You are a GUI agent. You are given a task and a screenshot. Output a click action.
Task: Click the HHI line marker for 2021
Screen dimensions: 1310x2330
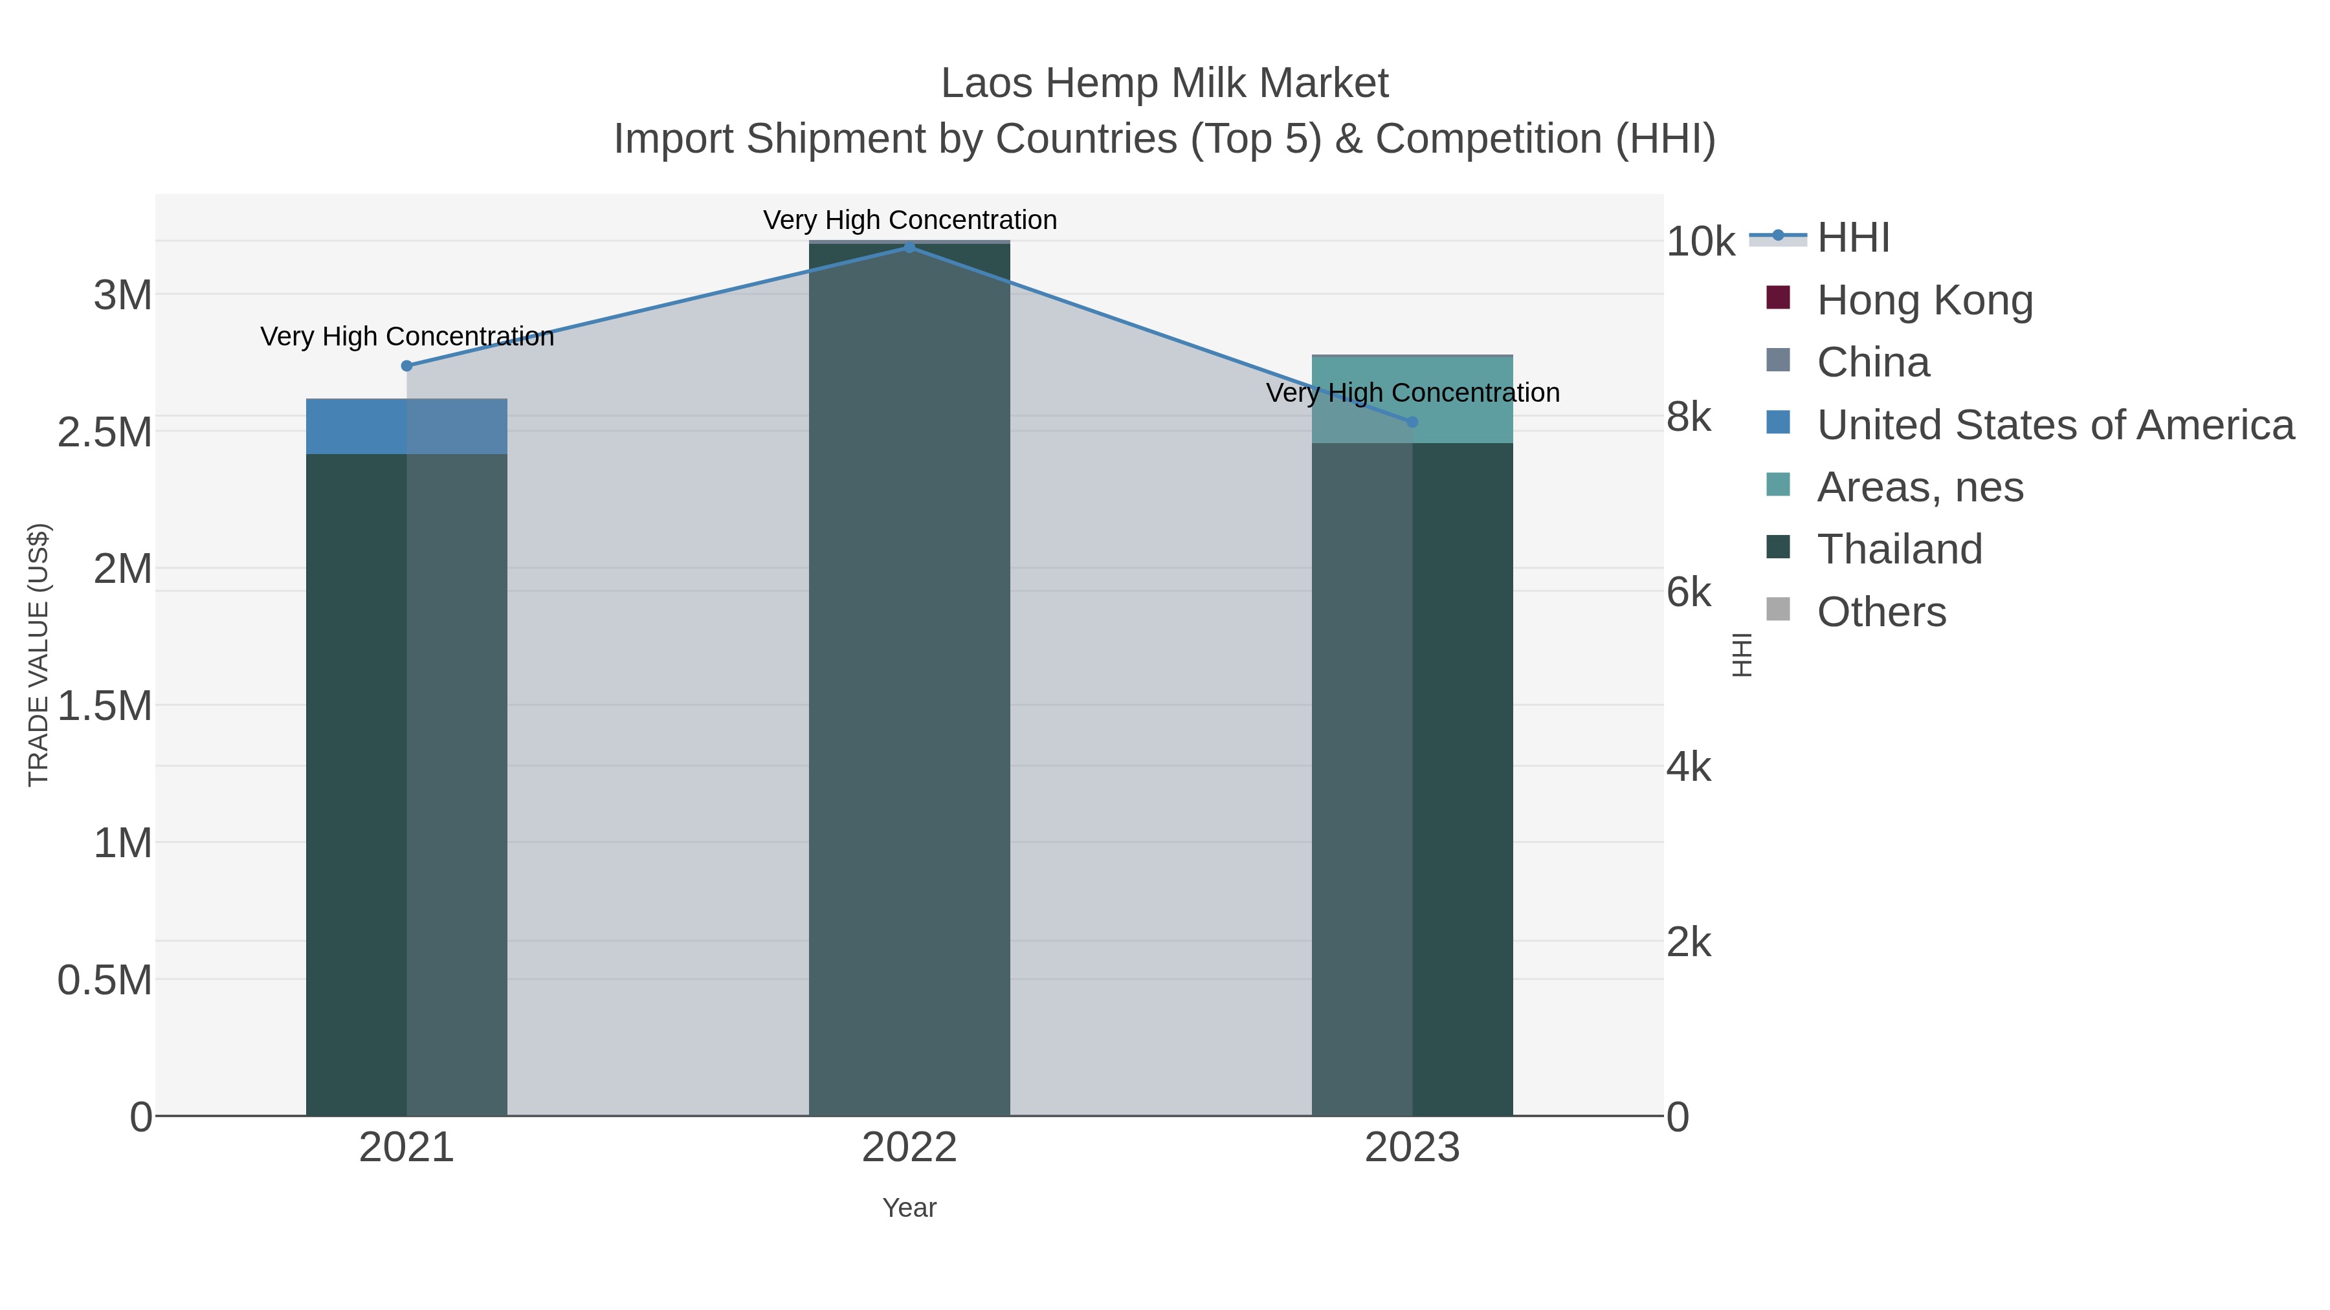pos(407,366)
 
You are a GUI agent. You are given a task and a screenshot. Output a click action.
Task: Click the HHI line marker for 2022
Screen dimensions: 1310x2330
pos(909,248)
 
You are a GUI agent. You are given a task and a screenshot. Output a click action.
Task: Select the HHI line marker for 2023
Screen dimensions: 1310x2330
pos(1412,422)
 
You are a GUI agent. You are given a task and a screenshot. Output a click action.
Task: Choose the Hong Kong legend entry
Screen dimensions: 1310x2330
pos(1924,300)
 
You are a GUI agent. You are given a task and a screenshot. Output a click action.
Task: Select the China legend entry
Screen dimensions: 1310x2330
pos(1872,362)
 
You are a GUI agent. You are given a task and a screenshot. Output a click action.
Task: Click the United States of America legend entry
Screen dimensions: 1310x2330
pos(2054,425)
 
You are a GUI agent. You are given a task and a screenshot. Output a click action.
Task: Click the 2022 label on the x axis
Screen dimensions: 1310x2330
pos(909,1148)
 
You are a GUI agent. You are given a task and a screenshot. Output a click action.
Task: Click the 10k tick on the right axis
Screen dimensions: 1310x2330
pos(1700,243)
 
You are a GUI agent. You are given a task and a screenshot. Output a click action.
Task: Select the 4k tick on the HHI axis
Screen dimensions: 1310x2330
pos(1689,767)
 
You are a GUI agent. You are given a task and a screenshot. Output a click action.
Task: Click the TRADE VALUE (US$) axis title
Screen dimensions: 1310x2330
pos(38,655)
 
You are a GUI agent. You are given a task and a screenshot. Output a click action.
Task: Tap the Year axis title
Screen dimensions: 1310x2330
pos(909,1208)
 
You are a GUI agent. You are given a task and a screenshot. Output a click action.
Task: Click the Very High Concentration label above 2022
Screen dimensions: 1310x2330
pos(909,220)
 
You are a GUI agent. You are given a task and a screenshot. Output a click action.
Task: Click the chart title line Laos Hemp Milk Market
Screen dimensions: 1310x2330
pos(1164,83)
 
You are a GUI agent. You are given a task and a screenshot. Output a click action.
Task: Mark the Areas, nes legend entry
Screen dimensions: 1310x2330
pos(1920,487)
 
